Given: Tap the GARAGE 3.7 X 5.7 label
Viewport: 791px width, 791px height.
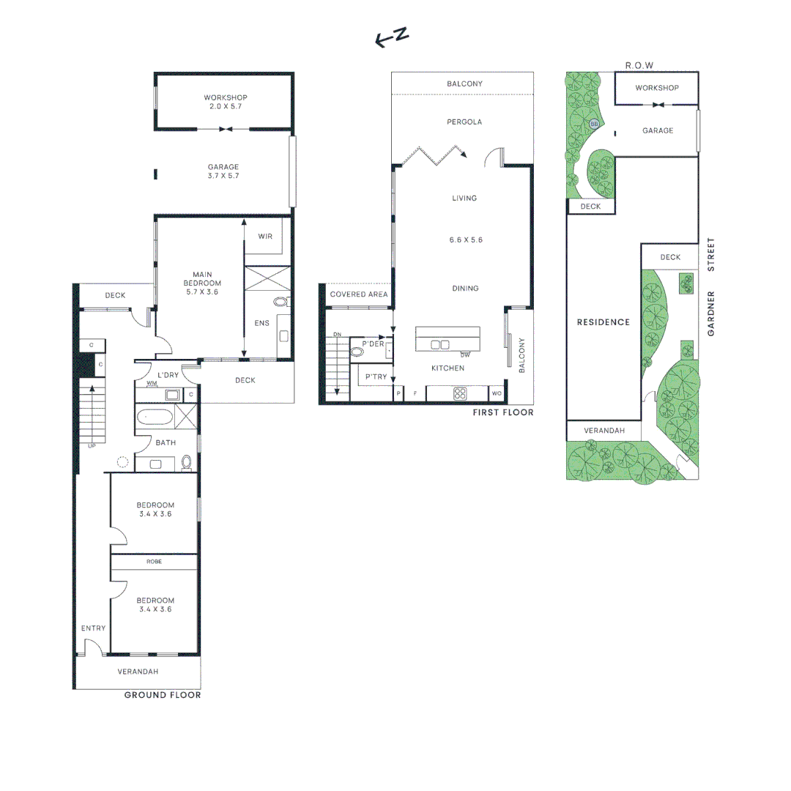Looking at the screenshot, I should coord(223,171).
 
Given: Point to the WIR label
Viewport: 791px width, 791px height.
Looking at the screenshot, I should coord(266,237).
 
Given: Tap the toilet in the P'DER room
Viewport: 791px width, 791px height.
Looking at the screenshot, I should coord(357,352).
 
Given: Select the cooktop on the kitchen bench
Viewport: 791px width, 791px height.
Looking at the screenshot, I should coord(460,393).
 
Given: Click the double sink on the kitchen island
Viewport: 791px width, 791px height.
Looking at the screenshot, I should coord(440,345).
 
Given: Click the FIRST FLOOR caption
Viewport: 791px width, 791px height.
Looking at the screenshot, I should coord(503,413).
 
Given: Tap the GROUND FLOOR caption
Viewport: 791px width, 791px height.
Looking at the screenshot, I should coord(162,694).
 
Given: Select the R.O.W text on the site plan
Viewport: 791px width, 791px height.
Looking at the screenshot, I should coord(639,66).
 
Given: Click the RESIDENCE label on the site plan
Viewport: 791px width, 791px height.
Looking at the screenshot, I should coord(603,322).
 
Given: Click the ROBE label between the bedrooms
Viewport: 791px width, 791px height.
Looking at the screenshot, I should coord(154,562).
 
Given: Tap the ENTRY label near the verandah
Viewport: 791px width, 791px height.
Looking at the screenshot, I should coord(93,628).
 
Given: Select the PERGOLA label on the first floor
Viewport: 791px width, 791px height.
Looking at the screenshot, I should coord(464,122).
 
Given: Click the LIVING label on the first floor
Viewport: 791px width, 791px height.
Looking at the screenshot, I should coord(464,198).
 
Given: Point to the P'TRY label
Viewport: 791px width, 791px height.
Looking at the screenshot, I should coord(376,376).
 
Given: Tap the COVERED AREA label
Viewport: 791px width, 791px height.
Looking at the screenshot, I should coord(358,294).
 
